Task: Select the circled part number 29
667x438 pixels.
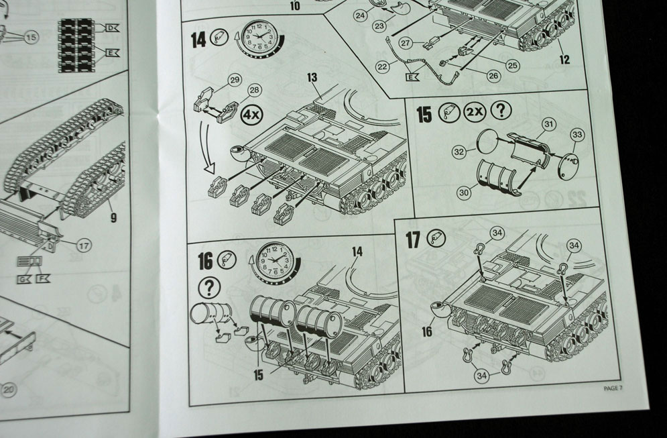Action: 233,80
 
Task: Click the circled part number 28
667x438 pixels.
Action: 253,90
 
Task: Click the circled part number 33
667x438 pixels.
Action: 577,135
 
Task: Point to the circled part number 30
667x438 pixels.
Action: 463,192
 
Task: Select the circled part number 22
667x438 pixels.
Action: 383,66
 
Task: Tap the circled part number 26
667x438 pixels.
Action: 493,76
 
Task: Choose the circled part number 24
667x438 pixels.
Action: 359,15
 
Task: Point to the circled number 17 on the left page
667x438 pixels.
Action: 84,245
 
